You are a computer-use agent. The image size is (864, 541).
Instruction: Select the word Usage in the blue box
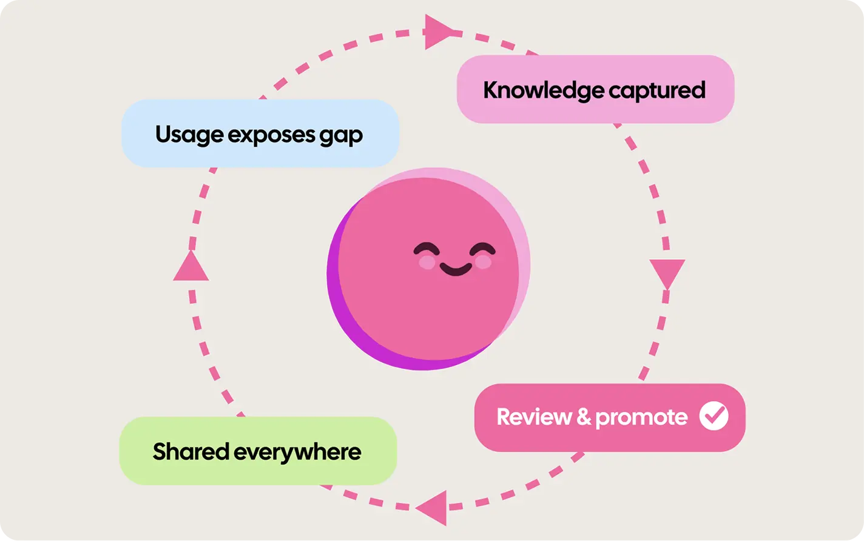point(189,135)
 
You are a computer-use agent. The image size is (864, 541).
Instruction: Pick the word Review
point(534,417)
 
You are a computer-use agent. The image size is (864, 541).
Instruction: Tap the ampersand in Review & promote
point(584,417)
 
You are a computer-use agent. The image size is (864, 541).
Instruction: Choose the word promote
point(641,418)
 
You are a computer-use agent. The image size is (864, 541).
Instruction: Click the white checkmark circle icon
point(714,415)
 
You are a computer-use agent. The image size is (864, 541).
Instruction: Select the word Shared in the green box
point(191,451)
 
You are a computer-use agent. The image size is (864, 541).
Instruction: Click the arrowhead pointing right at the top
point(439,32)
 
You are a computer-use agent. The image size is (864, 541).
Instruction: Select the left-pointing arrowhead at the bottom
point(433,508)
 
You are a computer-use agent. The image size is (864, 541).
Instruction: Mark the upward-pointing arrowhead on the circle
point(191,266)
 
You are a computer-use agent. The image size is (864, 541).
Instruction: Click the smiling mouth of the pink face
point(456,269)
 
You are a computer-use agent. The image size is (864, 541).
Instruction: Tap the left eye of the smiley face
point(426,248)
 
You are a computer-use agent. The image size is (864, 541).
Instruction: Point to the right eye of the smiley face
point(482,249)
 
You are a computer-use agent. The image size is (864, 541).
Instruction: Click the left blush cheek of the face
point(427,262)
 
